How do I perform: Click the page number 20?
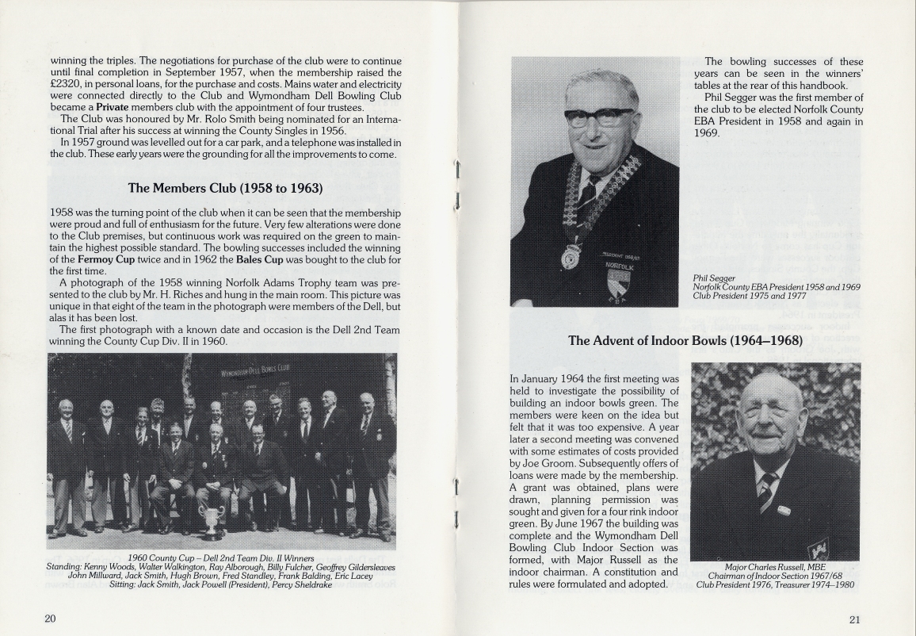[50, 619]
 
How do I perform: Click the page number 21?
[854, 620]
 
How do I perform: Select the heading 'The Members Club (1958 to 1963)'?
[225, 188]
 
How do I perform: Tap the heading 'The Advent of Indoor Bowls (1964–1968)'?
[685, 340]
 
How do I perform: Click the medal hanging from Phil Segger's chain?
[571, 257]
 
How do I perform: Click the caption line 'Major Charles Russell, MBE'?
[775, 567]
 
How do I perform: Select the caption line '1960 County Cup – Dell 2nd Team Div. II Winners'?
[221, 557]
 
